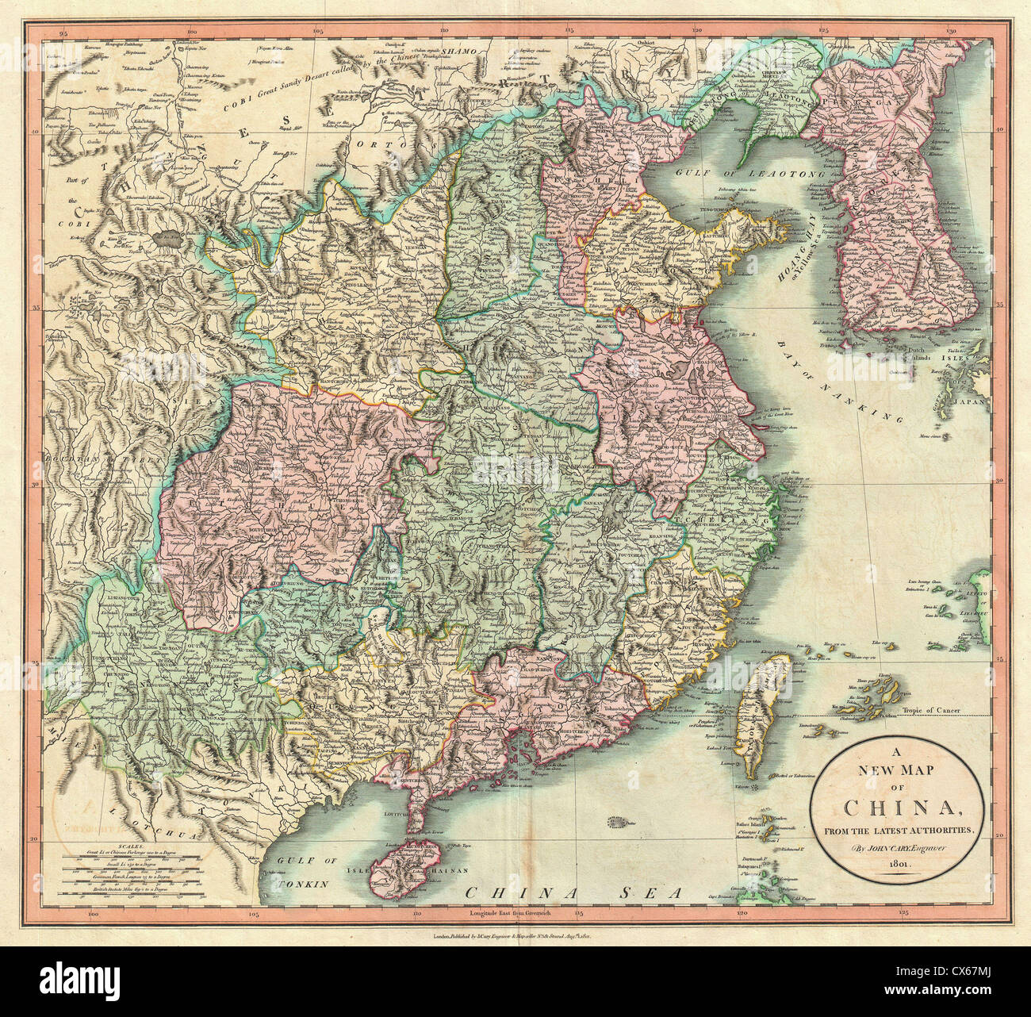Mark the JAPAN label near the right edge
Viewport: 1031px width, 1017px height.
coord(975,402)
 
